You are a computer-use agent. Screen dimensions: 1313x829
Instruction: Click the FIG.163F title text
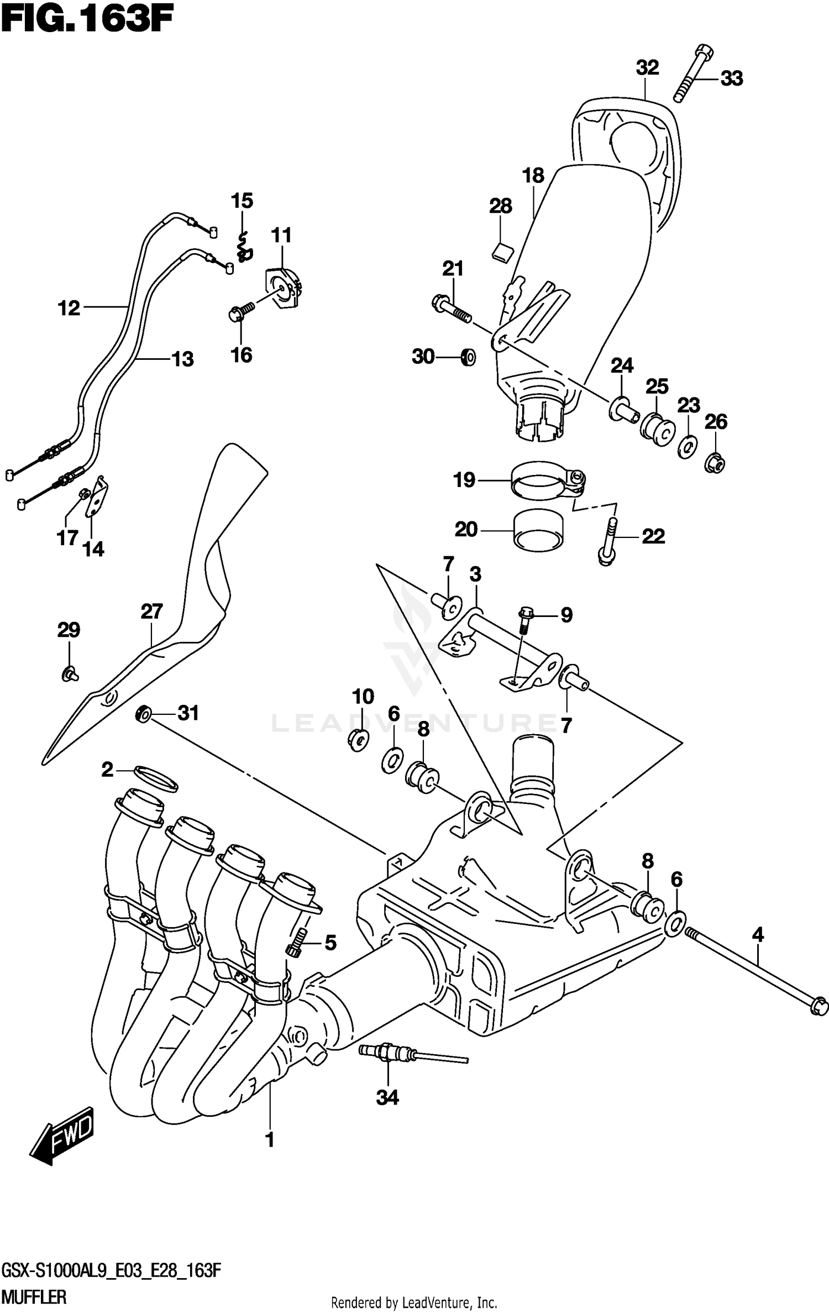click(87, 22)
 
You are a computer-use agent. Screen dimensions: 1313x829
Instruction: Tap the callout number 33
click(732, 79)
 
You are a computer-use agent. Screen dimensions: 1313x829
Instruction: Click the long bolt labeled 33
click(693, 74)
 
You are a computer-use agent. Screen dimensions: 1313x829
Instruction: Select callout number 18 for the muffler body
click(533, 176)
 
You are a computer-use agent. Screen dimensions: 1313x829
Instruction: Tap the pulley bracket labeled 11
click(286, 287)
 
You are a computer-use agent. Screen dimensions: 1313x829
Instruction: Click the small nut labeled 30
click(468, 358)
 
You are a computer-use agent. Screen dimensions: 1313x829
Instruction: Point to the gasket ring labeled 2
click(156, 779)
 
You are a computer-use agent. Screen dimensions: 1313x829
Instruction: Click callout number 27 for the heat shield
click(151, 612)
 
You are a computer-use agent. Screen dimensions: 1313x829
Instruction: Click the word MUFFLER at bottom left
click(34, 1296)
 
